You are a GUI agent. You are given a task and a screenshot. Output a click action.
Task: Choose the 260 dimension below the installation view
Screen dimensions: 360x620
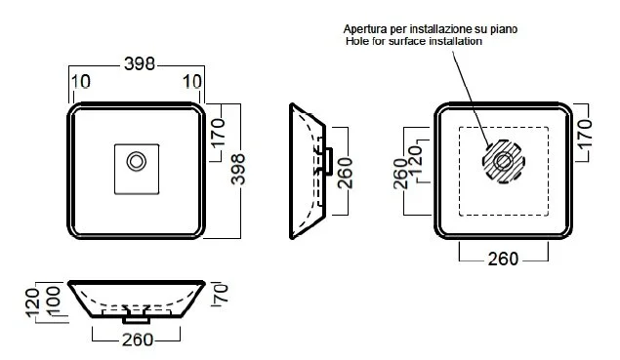click(x=503, y=259)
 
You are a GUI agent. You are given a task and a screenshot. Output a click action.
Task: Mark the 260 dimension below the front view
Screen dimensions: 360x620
click(x=137, y=340)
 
